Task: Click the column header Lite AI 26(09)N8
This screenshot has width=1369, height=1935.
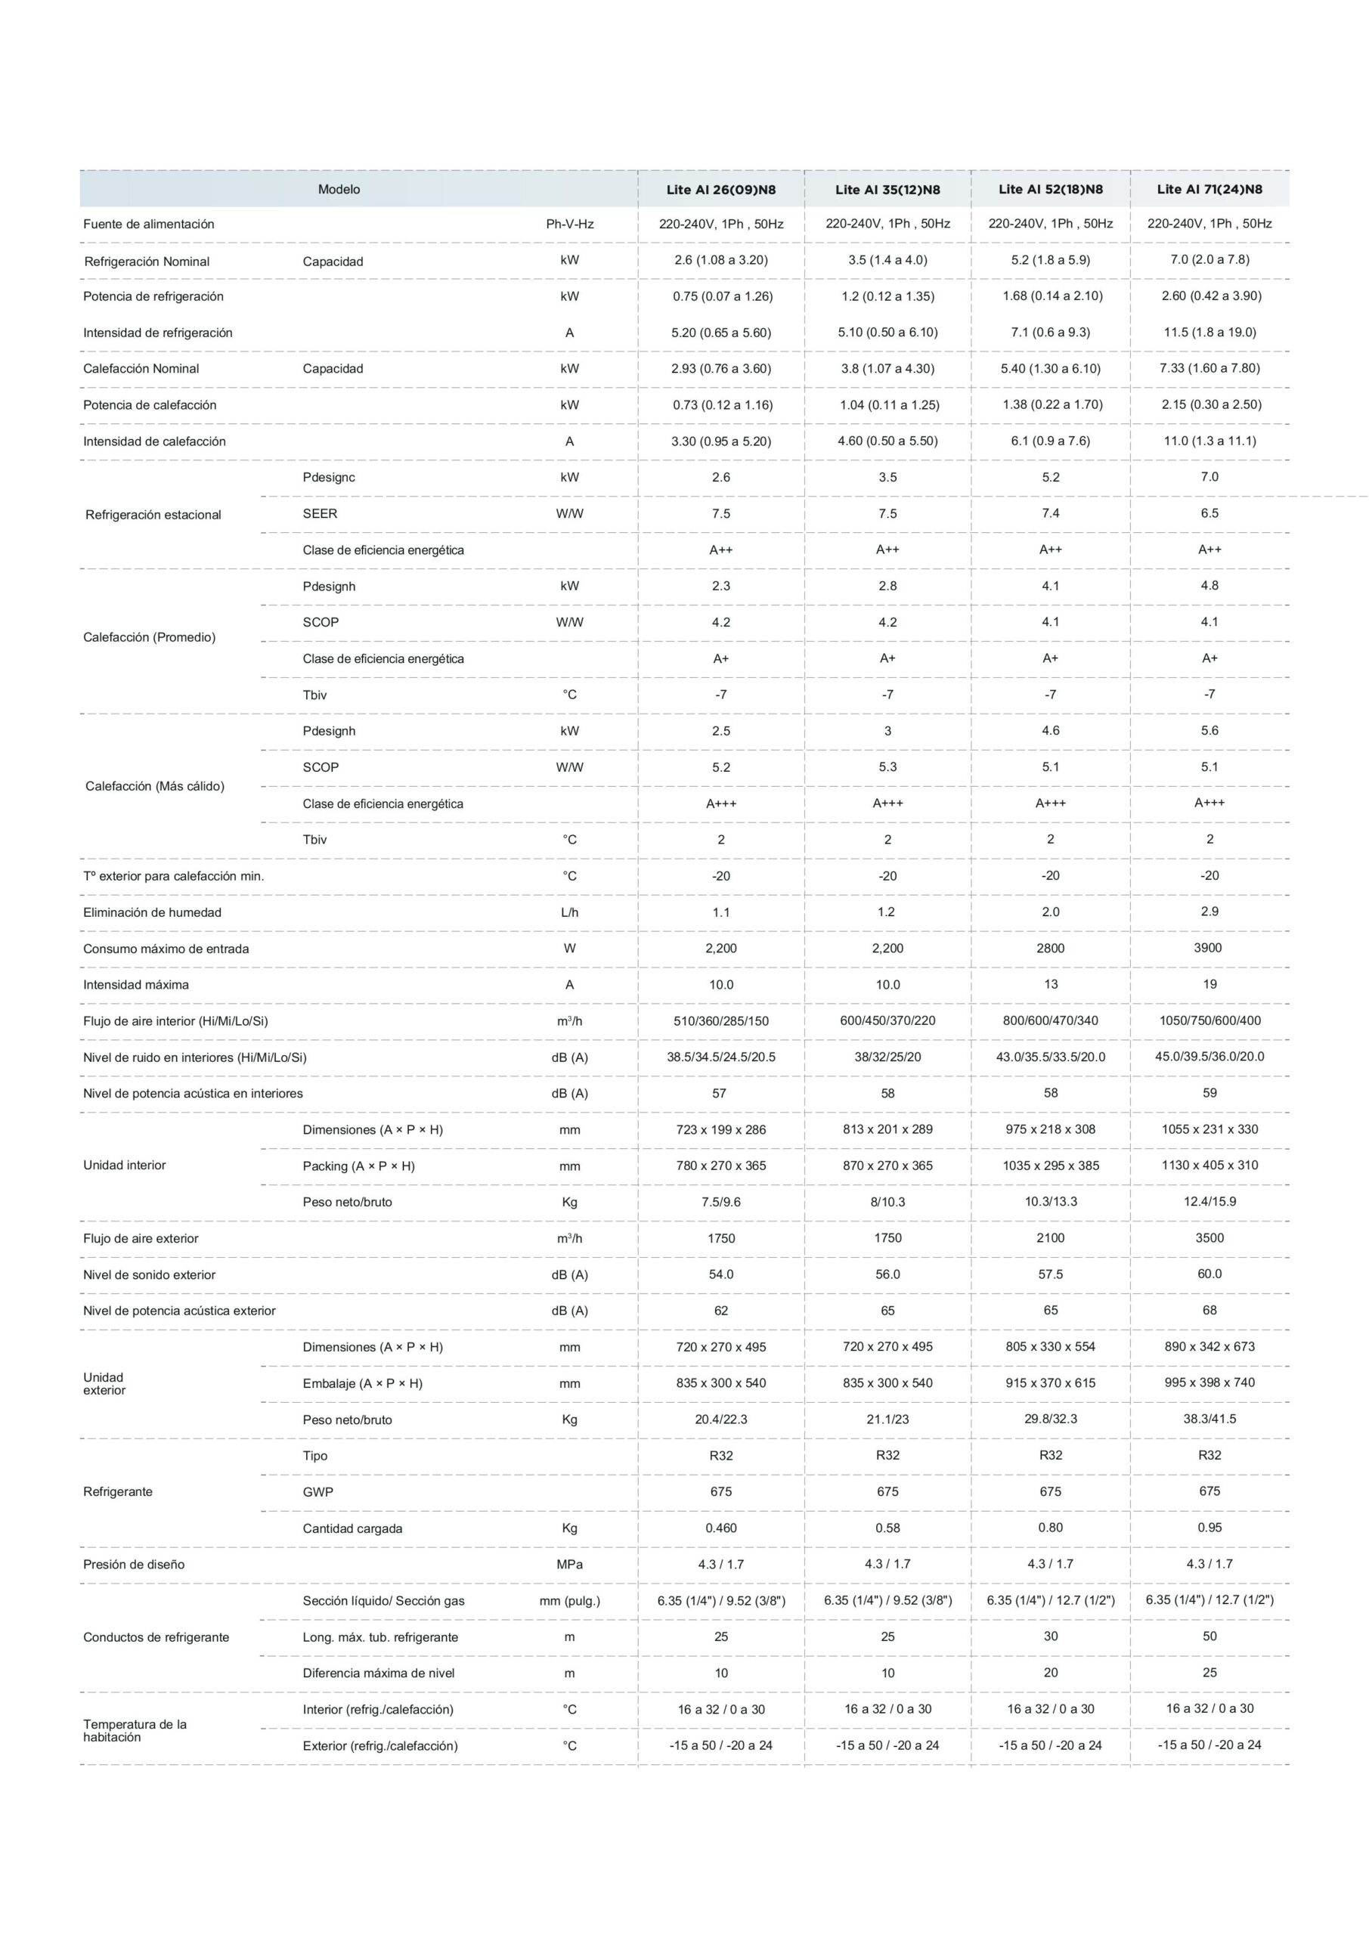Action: click(720, 190)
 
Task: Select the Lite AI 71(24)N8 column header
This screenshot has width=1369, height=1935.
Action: click(1209, 189)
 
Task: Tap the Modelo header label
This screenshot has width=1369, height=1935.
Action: click(339, 190)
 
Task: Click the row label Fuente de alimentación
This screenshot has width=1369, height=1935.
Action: click(148, 224)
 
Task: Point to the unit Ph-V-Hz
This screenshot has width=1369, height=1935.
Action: click(570, 224)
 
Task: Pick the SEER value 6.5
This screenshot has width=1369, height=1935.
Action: click(1209, 512)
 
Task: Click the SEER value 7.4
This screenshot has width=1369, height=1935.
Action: click(1050, 512)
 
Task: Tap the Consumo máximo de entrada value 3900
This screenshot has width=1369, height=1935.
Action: click(1208, 947)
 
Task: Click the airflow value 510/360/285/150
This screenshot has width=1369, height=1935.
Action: click(720, 1020)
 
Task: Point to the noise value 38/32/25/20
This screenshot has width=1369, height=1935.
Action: click(887, 1057)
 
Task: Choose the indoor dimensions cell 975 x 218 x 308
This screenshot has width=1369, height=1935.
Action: click(1050, 1129)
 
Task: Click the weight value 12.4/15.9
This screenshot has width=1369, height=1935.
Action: click(1209, 1201)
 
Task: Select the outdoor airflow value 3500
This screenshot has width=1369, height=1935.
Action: click(1209, 1237)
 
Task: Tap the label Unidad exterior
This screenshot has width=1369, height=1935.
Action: click(104, 1383)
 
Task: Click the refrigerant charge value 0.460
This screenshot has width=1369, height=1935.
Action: click(720, 1528)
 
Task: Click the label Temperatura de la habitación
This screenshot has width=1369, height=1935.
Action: click(134, 1730)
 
